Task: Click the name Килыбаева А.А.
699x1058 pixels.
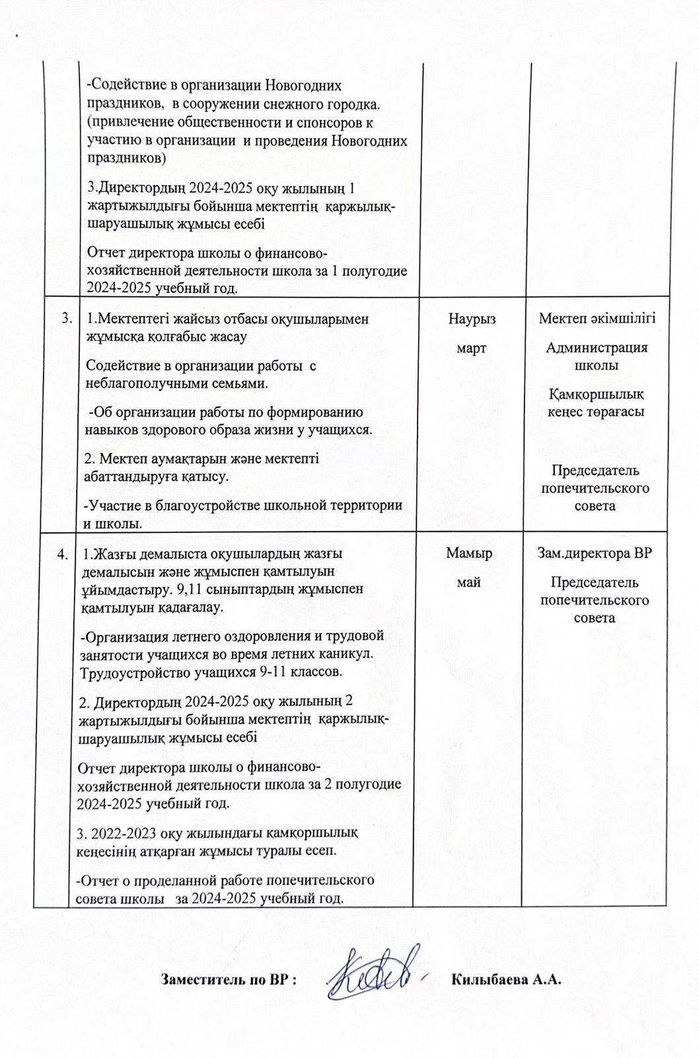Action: (506, 979)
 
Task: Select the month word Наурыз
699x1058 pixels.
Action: (472, 319)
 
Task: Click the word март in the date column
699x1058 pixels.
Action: (472, 348)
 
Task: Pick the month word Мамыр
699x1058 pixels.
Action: (469, 553)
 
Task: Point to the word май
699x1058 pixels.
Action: (469, 583)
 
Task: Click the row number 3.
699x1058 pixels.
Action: (66, 319)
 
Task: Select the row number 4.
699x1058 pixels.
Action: (62, 554)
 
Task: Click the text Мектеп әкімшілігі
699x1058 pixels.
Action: (597, 319)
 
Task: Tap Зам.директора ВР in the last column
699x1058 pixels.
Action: (595, 553)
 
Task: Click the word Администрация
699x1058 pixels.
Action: (597, 348)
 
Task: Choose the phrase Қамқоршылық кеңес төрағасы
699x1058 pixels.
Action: (597, 403)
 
